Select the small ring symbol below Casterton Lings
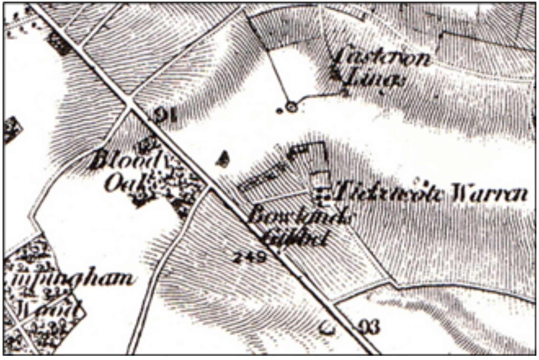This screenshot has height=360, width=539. click(x=291, y=107)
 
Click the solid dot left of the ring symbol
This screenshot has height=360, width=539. click(x=279, y=111)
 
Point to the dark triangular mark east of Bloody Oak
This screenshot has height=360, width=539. click(x=223, y=159)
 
